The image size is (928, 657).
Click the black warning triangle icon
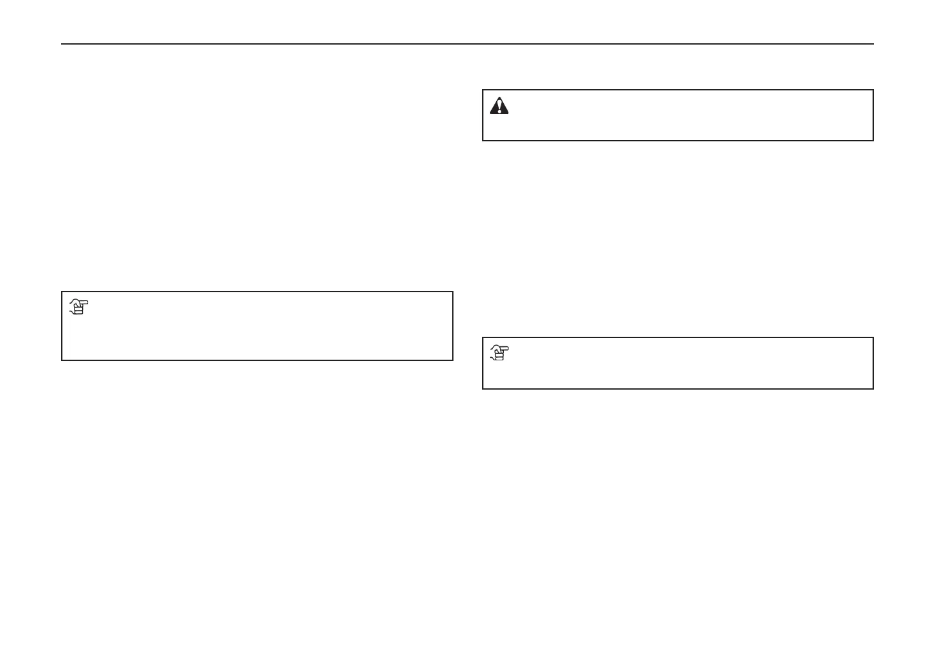(x=499, y=106)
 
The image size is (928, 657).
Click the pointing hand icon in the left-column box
(x=78, y=307)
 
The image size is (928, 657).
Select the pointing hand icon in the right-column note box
(x=499, y=353)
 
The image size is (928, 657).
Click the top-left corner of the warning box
(x=483, y=90)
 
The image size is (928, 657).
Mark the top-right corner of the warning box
(x=873, y=90)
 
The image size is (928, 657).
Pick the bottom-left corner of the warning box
(x=483, y=140)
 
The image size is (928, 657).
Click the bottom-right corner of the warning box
(x=873, y=140)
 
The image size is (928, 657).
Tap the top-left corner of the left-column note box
(x=62, y=292)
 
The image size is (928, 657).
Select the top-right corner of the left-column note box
(x=452, y=292)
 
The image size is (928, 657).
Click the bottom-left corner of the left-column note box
(x=62, y=360)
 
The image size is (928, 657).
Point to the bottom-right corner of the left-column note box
(x=452, y=360)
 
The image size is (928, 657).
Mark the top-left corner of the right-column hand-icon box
(x=483, y=338)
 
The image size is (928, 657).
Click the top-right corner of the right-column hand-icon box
(x=873, y=338)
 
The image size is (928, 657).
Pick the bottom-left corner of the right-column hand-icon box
(x=483, y=388)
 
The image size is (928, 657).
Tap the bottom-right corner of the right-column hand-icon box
(x=873, y=388)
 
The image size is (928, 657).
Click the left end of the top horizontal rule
(x=62, y=44)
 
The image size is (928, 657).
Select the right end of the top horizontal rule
(x=873, y=44)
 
